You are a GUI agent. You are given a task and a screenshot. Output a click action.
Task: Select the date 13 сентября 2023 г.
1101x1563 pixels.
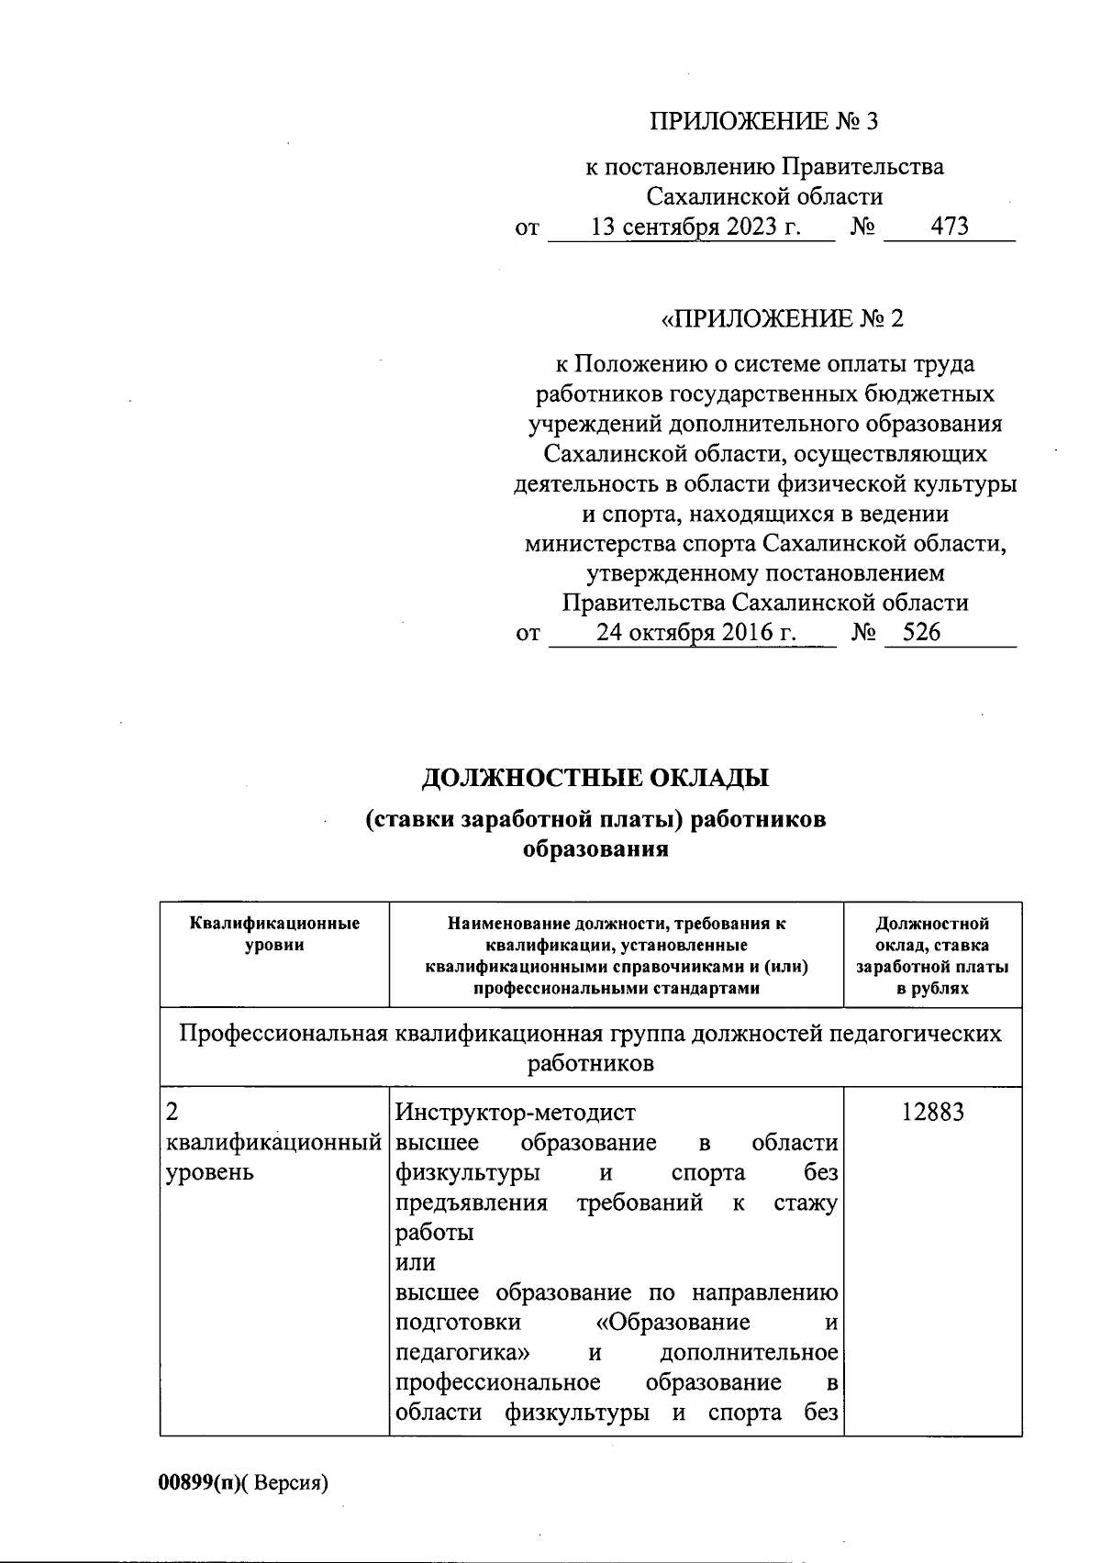[x=695, y=227]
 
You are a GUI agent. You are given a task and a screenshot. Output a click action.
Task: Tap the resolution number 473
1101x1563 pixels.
[x=950, y=227]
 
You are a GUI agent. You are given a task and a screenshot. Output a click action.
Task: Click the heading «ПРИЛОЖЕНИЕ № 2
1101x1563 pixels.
[x=782, y=319]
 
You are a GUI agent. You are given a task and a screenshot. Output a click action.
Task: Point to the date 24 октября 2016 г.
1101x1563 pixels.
[x=695, y=632]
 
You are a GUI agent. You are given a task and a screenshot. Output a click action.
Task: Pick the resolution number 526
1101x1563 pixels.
[x=921, y=632]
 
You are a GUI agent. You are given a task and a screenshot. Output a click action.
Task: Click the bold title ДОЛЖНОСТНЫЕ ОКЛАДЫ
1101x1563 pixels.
[x=595, y=779]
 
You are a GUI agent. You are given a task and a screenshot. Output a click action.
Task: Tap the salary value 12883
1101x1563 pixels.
[x=932, y=1114]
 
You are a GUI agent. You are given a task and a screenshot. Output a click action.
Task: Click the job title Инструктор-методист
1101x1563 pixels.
[x=515, y=1114]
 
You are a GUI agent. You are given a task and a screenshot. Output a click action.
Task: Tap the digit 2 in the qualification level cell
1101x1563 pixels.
[x=172, y=1114]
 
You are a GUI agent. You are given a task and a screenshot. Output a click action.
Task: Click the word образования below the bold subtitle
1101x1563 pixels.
[x=595, y=849]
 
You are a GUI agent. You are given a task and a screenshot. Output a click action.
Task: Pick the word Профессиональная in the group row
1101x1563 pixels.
[x=283, y=1035]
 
